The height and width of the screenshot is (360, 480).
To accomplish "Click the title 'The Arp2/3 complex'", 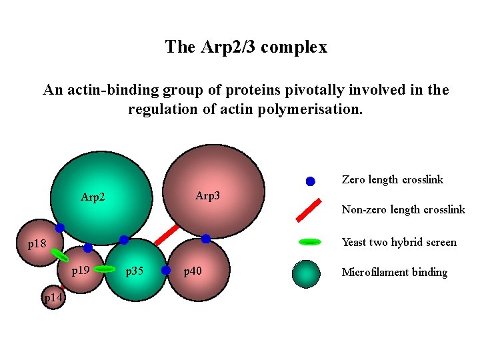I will [x=246, y=47].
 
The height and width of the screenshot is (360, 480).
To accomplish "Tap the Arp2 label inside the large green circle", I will [x=94, y=197].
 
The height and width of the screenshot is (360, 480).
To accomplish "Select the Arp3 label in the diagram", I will [x=207, y=196].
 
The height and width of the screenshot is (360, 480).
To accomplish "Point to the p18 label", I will [x=37, y=244].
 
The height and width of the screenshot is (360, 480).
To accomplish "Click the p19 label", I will [x=81, y=271].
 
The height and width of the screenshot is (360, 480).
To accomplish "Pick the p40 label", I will [x=193, y=271].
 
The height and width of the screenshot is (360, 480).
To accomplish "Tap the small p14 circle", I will [x=53, y=297].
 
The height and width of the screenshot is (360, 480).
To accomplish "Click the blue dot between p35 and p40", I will [x=167, y=270].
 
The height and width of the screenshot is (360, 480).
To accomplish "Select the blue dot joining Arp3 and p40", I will [x=206, y=239].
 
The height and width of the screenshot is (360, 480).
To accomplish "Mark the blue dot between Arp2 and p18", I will [x=60, y=228].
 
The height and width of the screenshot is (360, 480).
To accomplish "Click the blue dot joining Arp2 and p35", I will [x=124, y=240].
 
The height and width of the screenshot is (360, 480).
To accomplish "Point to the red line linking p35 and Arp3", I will [x=167, y=235].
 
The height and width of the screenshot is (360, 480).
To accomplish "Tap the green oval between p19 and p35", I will [x=105, y=269].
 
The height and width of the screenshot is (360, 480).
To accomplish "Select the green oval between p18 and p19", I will [x=60, y=255].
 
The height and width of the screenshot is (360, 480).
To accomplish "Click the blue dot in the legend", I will [x=310, y=181].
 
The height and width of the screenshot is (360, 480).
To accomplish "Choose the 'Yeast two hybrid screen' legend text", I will [x=399, y=242].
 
